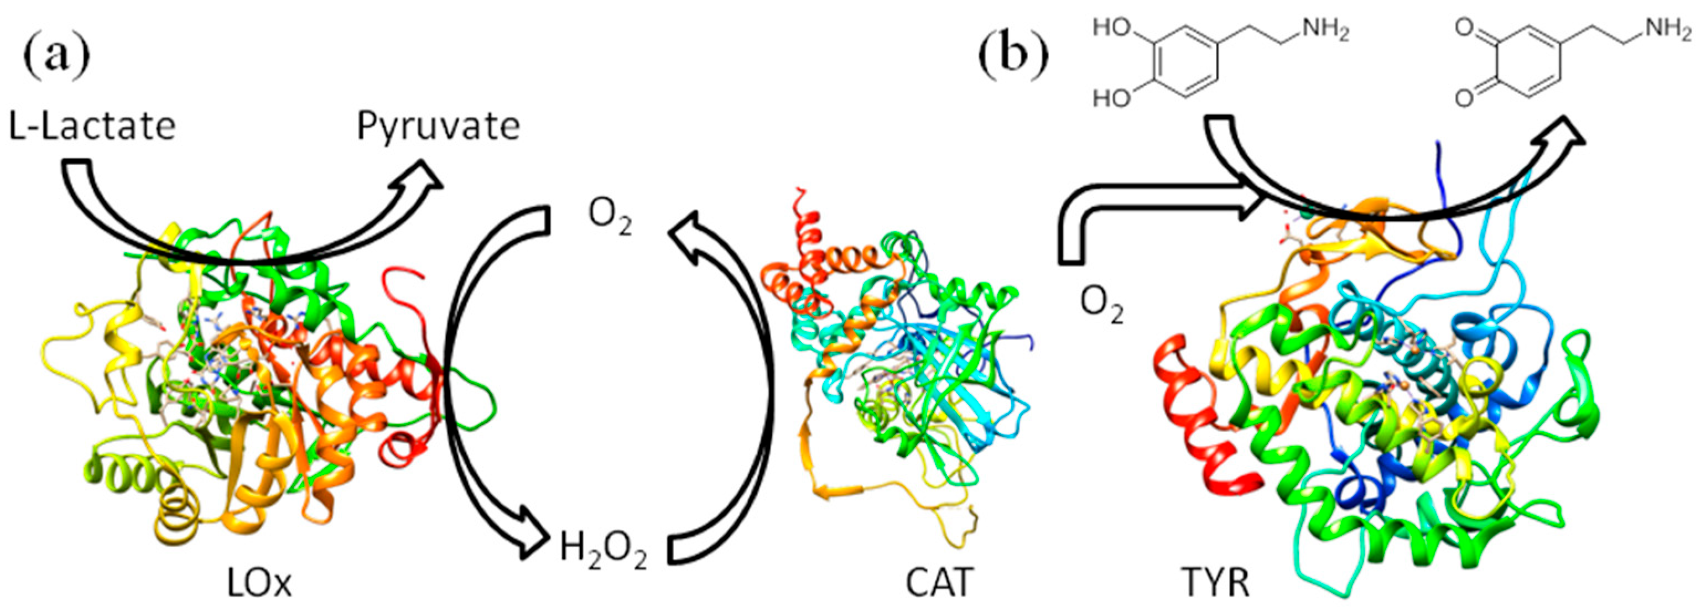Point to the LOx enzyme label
pyautogui.click(x=259, y=582)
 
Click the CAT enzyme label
pyautogui.click(x=939, y=582)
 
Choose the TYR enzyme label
pyautogui.click(x=1215, y=582)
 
